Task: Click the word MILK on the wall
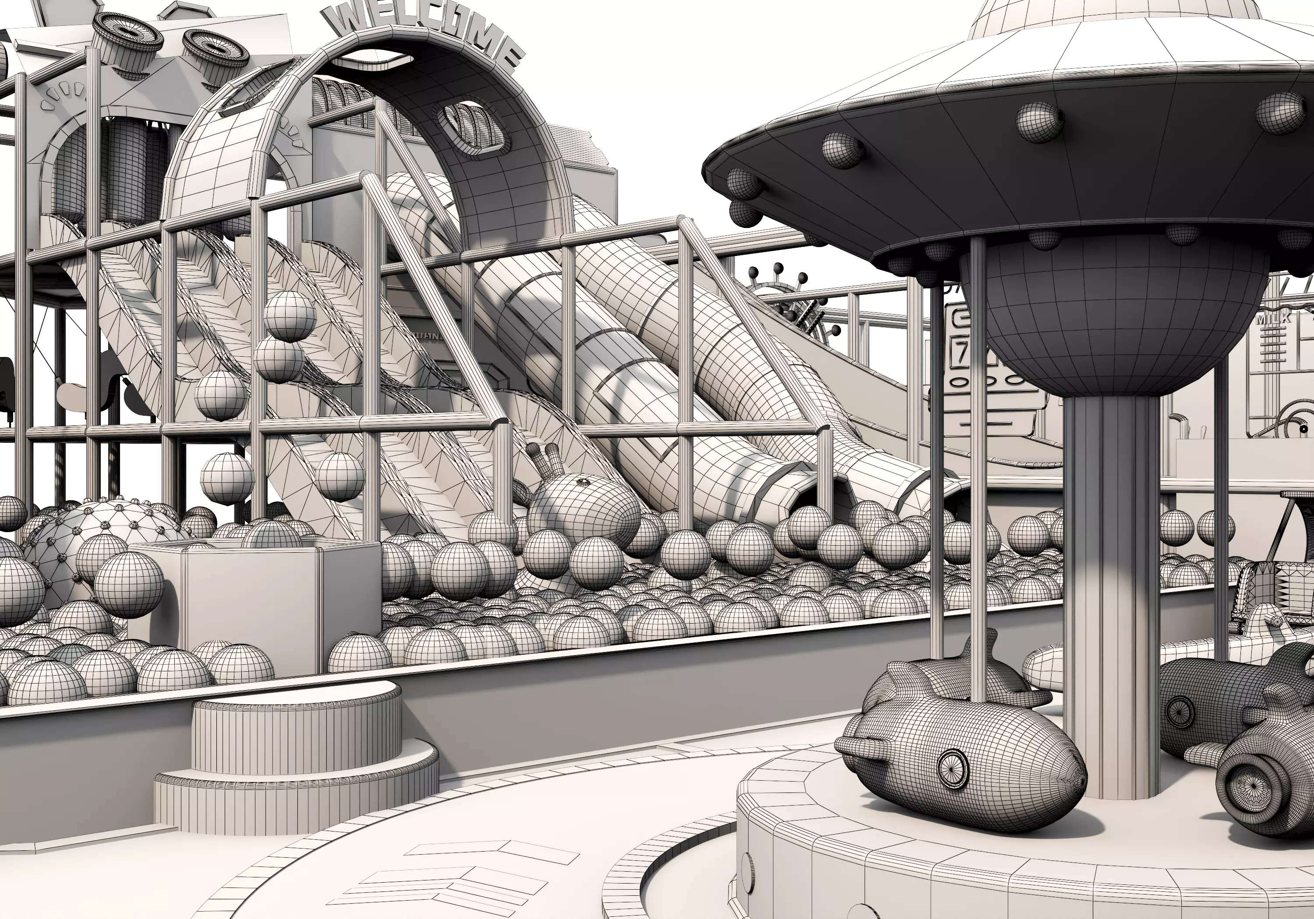(1273, 319)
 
